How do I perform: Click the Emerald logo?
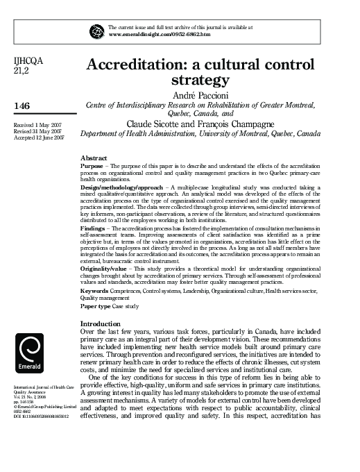coord(32,353)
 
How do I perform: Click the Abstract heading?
coord(94,158)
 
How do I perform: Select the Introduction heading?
coord(101,324)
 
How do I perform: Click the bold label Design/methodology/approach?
coord(121,188)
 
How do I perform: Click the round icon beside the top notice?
coord(96,31)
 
